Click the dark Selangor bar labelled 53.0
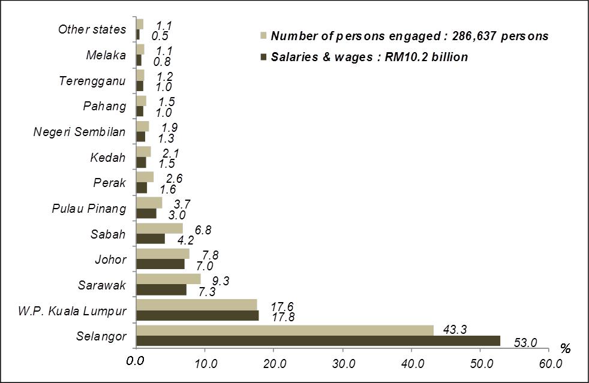(x=318, y=341)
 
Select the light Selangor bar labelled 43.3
(x=285, y=330)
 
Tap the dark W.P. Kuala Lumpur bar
(x=198, y=315)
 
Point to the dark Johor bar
(x=160, y=264)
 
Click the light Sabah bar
(x=160, y=228)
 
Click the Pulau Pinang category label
(x=89, y=209)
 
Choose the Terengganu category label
(x=92, y=81)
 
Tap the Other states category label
(x=92, y=29)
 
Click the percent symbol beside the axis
(x=565, y=348)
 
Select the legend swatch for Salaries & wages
(x=263, y=57)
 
